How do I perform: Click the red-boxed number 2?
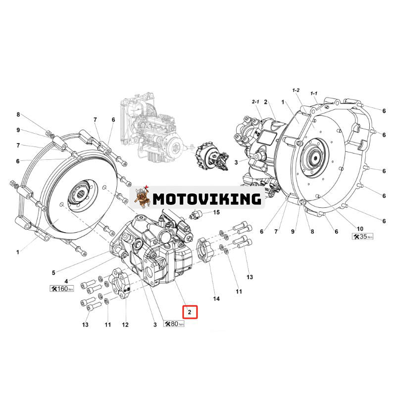190,312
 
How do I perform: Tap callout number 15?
216,212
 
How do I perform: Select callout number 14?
216,298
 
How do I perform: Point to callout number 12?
125,325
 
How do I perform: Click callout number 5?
53,271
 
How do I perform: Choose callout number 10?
360,228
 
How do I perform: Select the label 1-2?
297,90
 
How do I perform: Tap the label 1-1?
313,93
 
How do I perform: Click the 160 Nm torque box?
62,288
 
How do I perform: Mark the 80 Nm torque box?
174,324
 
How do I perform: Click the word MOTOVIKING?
206,198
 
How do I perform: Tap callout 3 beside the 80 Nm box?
155,325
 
